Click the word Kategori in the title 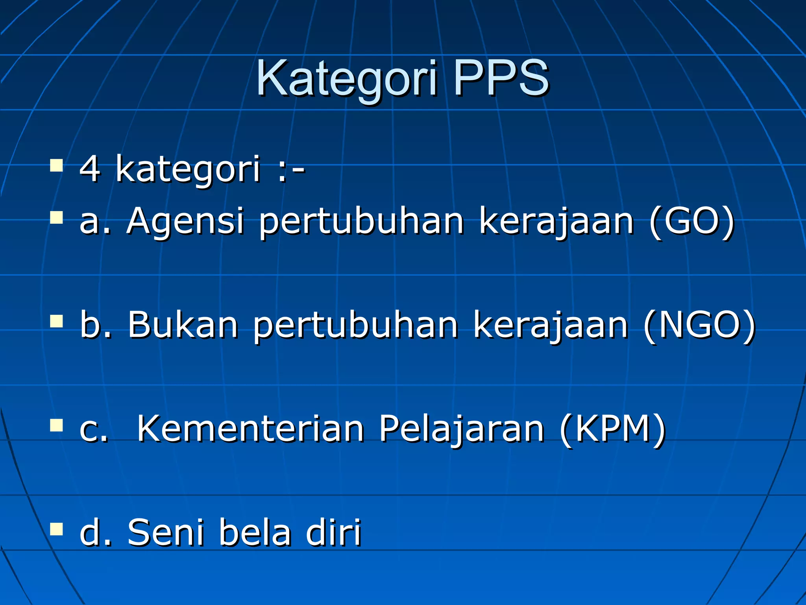346,79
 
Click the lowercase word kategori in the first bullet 188,169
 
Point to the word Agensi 185,221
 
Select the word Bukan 183,325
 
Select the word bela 255,532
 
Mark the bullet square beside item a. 57,217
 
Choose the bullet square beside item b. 57,321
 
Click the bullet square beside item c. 57,425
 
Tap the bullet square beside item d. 57,529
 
